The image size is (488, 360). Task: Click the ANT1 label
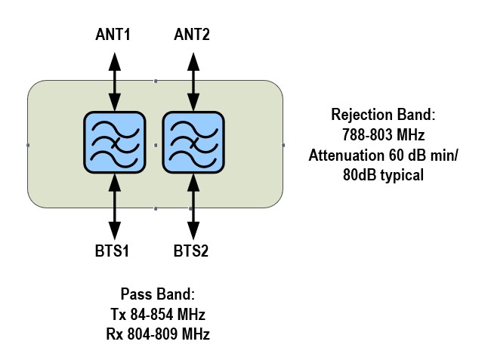tap(113, 35)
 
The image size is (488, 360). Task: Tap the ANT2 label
tap(192, 35)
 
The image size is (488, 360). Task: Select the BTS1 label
tap(113, 251)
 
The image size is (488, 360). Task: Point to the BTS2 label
tap(192, 251)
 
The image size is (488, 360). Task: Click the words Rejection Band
tap(384, 115)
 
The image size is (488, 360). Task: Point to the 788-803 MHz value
tap(384, 135)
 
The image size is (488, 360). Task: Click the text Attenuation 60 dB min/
tap(384, 155)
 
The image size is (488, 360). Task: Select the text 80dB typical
tap(384, 175)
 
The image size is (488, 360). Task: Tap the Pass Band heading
tap(158, 294)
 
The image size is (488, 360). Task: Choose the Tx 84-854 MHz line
tap(158, 313)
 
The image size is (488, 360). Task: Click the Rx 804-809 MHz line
tap(158, 333)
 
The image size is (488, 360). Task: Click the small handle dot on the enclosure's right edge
tap(283, 143)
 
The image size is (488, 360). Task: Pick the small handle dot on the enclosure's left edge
tap(28, 143)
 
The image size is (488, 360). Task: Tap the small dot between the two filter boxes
tap(154, 143)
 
